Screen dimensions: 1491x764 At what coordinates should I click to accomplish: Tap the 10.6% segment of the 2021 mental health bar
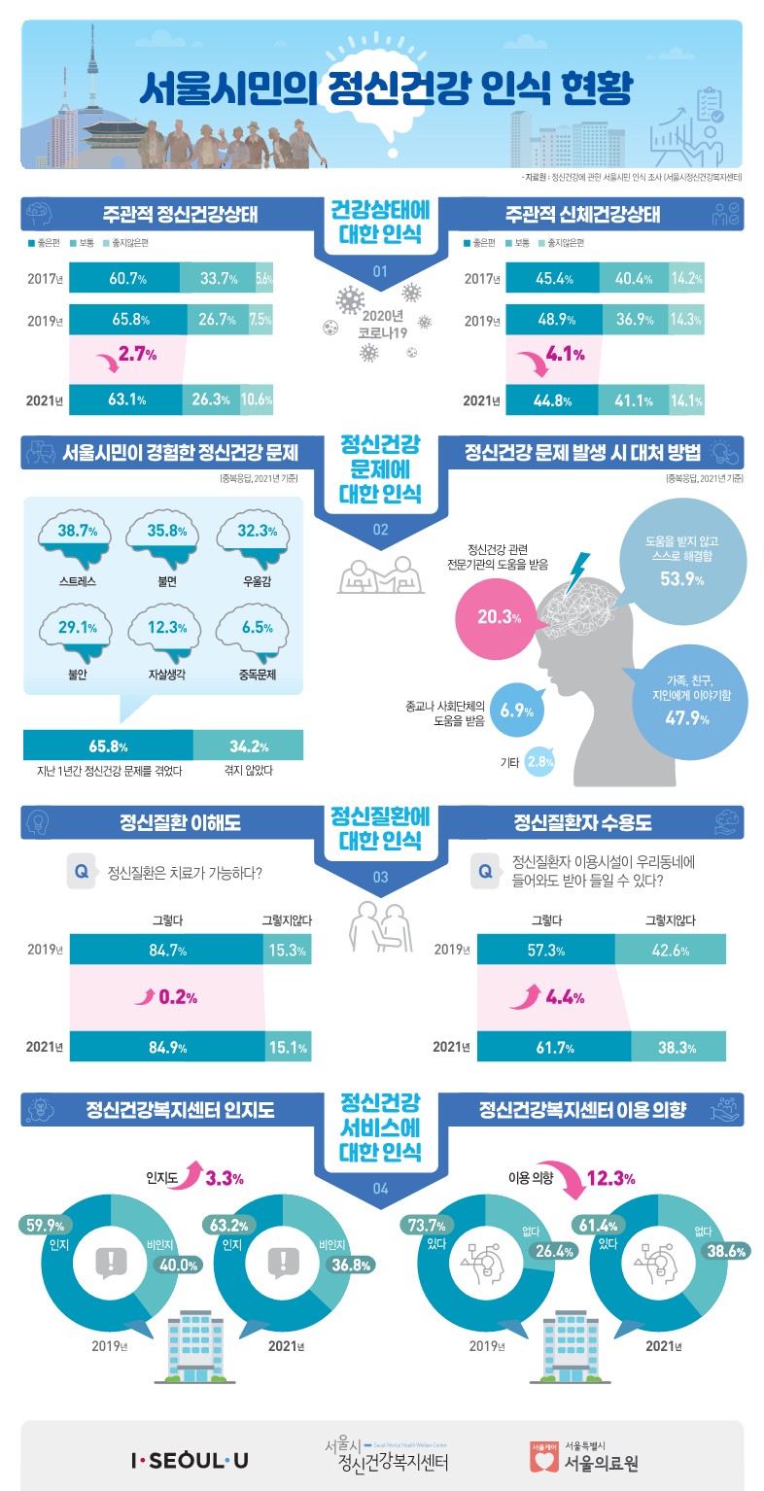(257, 399)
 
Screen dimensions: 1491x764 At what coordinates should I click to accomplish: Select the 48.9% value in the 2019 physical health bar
(552, 320)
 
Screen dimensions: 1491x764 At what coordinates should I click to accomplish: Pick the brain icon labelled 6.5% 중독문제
(257, 631)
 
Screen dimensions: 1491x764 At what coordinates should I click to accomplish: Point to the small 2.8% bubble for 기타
(539, 763)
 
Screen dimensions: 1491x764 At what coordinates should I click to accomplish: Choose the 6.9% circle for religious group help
(511, 710)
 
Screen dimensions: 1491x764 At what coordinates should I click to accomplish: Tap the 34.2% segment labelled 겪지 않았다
(249, 746)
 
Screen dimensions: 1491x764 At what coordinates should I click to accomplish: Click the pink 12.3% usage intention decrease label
(611, 1179)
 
